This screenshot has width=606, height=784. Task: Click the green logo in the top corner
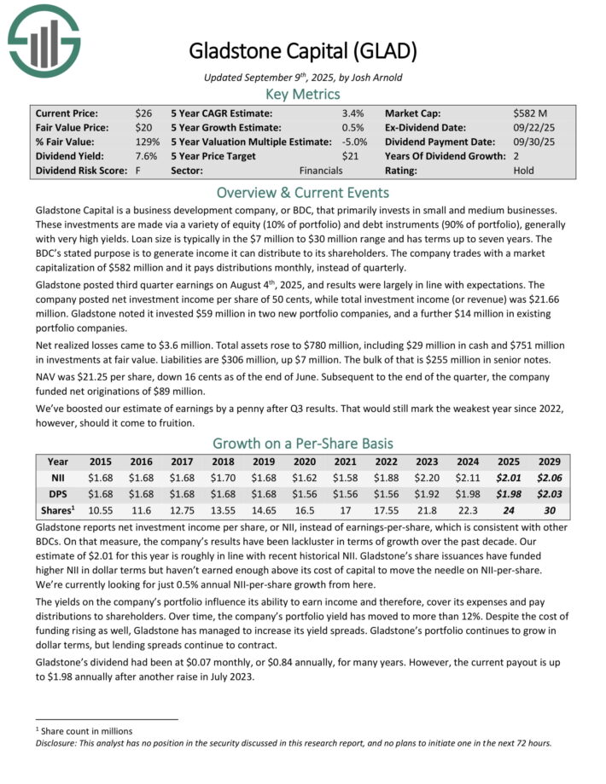pos(44,39)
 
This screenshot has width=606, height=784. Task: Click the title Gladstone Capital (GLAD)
pos(303,51)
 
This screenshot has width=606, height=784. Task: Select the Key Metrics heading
pos(303,94)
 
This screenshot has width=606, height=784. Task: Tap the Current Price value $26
pos(143,113)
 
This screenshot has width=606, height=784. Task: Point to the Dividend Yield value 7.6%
pos(146,156)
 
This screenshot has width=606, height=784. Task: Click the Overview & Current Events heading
pos(303,192)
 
